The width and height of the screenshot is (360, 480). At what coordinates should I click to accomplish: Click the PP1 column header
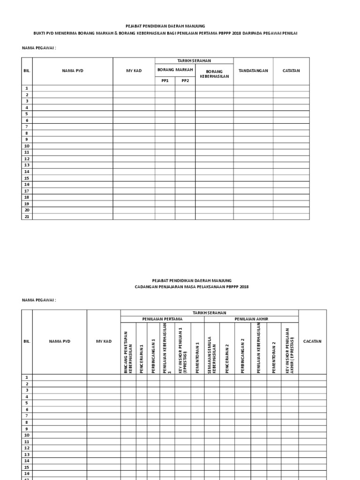[165, 80]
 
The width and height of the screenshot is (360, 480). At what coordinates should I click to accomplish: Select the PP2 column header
[185, 80]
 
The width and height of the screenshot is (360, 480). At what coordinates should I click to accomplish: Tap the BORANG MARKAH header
[175, 69]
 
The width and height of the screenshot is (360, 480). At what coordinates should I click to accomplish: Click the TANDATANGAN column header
[253, 71]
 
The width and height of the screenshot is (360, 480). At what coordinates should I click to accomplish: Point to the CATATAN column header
[291, 71]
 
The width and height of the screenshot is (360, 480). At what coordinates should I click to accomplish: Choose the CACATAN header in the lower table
[312, 341]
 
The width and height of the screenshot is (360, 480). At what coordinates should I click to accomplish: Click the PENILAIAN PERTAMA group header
[162, 319]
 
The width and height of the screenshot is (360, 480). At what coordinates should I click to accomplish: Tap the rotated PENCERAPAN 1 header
[142, 349]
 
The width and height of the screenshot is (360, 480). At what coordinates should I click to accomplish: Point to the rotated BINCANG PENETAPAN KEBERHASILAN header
[128, 349]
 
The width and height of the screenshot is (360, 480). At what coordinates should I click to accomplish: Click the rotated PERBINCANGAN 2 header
[243, 349]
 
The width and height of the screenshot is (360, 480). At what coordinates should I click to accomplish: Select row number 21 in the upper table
[27, 217]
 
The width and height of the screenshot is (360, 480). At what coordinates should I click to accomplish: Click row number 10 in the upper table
[27, 146]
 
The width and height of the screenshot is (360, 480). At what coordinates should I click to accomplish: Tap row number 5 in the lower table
[27, 403]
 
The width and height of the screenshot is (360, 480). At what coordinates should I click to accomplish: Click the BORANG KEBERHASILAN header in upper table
[214, 74]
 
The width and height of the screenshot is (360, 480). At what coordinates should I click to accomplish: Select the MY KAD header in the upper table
[134, 71]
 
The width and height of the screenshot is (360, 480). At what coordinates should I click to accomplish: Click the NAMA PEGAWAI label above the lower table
[39, 300]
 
